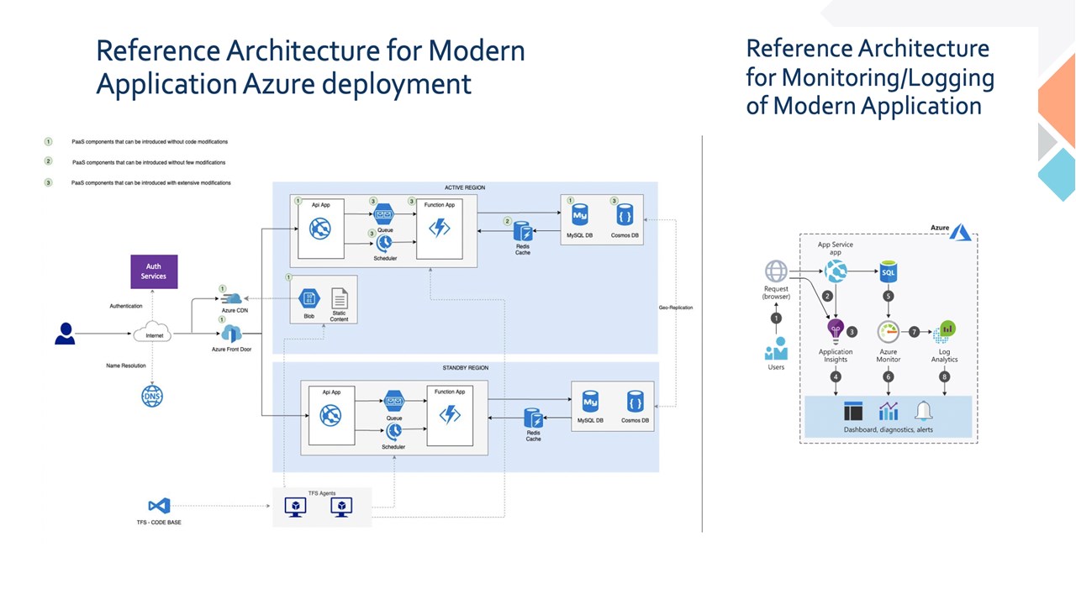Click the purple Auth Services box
153,271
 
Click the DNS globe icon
152,397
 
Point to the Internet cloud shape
153,334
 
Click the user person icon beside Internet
65,334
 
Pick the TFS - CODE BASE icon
159,506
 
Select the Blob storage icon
309,298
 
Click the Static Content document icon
340,298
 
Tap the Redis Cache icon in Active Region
523,231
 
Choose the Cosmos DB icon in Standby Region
636,401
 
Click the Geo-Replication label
676,308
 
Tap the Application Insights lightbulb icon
836,330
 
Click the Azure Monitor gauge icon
889,331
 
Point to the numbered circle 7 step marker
915,332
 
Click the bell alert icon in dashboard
924,411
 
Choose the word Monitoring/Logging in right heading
888,77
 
